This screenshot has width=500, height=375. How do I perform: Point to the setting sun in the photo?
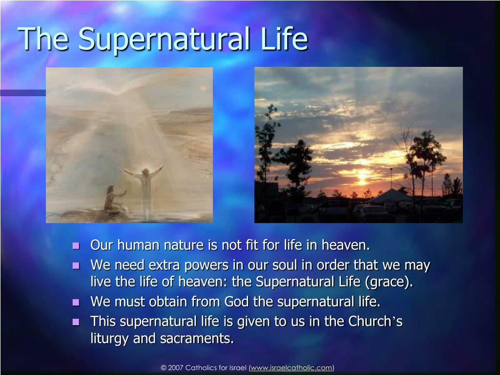(363, 176)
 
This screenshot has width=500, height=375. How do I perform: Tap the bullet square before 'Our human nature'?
(76, 246)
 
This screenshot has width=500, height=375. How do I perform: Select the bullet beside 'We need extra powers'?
(76, 266)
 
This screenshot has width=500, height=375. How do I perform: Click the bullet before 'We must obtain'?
(76, 302)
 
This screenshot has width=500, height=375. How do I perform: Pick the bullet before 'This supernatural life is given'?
(76, 322)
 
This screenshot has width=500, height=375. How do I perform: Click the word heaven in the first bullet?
(346, 245)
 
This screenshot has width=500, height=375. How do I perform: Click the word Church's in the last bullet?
(375, 321)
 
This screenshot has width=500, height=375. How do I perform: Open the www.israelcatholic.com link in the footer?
(292, 368)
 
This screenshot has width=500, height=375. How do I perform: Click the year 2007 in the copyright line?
(175, 368)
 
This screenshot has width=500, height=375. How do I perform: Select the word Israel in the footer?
(238, 368)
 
